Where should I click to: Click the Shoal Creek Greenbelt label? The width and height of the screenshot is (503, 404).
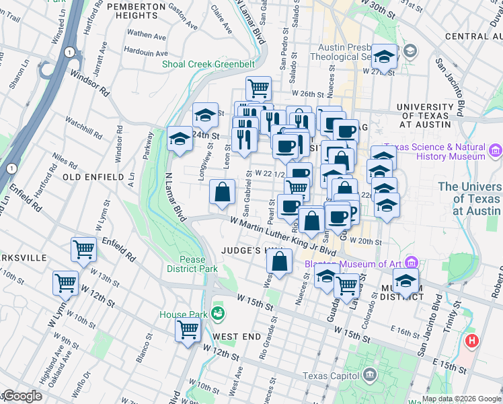(x=208, y=65)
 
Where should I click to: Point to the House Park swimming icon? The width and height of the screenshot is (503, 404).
(x=217, y=313)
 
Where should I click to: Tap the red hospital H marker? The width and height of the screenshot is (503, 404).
(x=472, y=341)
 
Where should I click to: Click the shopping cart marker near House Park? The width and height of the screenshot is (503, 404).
(x=188, y=329)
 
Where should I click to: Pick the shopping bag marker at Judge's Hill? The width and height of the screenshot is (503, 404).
(x=282, y=261)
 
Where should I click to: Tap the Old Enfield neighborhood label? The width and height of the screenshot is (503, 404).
(x=93, y=176)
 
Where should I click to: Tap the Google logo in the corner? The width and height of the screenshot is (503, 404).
(x=22, y=396)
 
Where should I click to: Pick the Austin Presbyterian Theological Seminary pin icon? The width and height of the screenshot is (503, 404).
(x=410, y=51)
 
